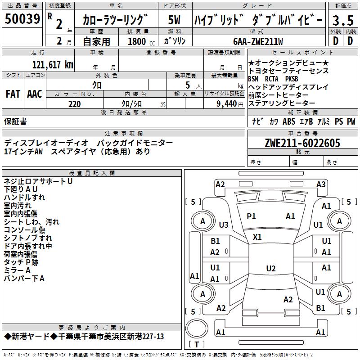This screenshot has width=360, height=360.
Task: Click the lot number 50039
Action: (22, 19)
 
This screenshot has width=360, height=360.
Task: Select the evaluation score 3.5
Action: (342, 20)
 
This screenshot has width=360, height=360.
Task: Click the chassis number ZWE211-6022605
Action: (302, 143)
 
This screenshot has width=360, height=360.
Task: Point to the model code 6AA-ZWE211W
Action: (258, 41)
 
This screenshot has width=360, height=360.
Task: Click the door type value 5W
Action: (174, 20)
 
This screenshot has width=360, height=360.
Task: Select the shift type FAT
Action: (13, 94)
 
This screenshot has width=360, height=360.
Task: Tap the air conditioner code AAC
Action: (34, 94)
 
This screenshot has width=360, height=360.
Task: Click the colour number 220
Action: (74, 104)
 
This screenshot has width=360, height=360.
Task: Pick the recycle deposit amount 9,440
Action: (226, 104)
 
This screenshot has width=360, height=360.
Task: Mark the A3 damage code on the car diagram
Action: (321, 184)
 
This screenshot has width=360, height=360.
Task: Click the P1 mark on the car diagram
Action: (251, 216)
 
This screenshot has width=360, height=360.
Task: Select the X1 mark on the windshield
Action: (257, 237)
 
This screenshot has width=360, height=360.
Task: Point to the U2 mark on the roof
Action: (270, 269)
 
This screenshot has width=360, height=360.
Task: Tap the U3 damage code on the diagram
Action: (224, 225)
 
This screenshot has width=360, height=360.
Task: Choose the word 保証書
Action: (15, 121)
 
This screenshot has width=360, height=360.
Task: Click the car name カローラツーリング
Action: (115, 20)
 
